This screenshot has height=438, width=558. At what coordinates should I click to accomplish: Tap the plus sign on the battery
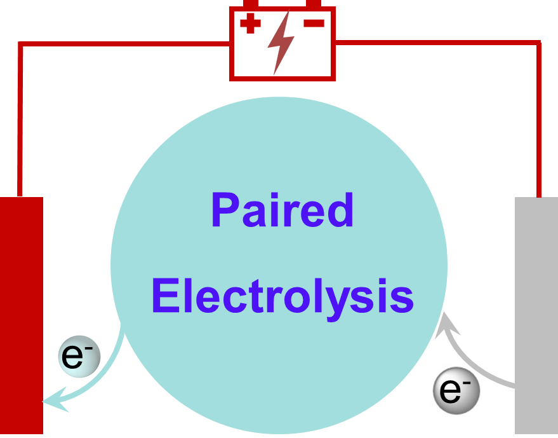(x=250, y=25)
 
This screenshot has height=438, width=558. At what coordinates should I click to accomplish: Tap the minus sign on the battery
(x=314, y=24)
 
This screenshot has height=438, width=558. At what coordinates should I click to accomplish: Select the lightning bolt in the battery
(x=280, y=42)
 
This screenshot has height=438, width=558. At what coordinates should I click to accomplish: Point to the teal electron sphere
(x=79, y=357)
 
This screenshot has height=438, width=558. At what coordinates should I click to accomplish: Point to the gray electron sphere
(x=456, y=390)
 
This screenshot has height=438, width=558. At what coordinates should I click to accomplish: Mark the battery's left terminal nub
(x=251, y=4)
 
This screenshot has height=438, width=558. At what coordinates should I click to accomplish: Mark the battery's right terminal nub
(x=314, y=4)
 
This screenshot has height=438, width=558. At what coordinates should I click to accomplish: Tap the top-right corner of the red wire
(x=539, y=43)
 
